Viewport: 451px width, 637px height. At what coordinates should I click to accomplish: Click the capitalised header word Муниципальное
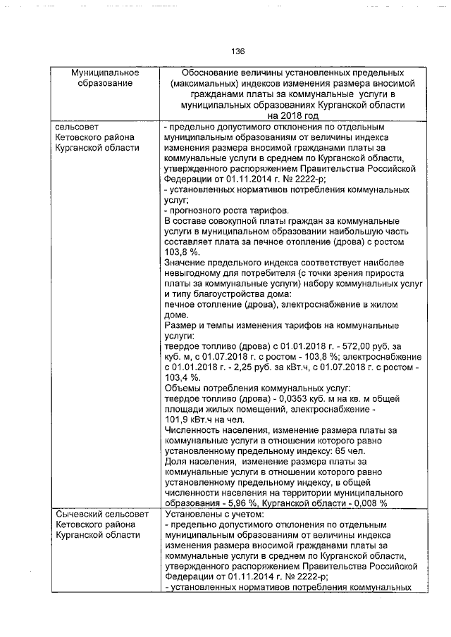coord(105,72)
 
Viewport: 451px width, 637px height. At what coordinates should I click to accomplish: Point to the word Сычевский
coord(80,515)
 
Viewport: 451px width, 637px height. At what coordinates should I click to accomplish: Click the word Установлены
coord(192,515)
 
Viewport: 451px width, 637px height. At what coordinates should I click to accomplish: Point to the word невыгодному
coord(195,272)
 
